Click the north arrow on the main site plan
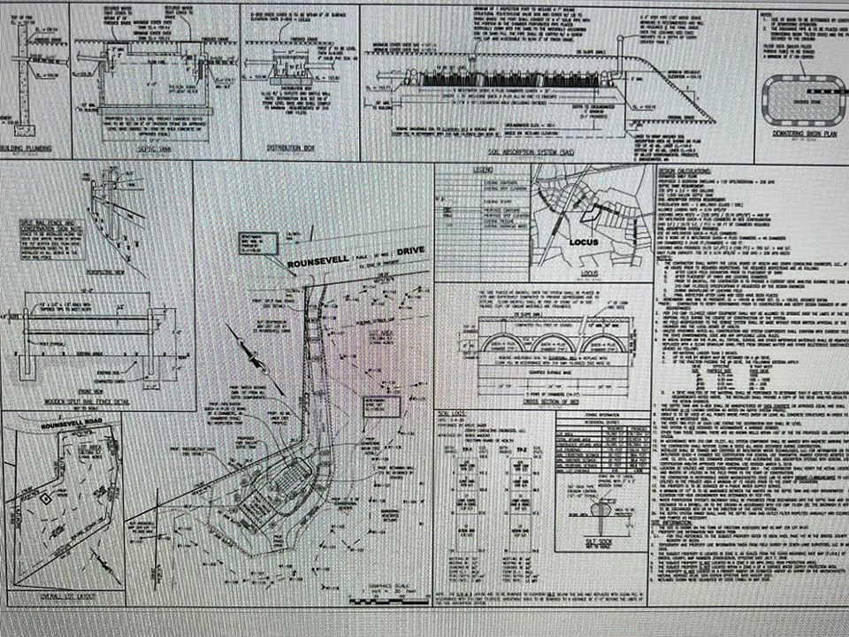tap(247, 357)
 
